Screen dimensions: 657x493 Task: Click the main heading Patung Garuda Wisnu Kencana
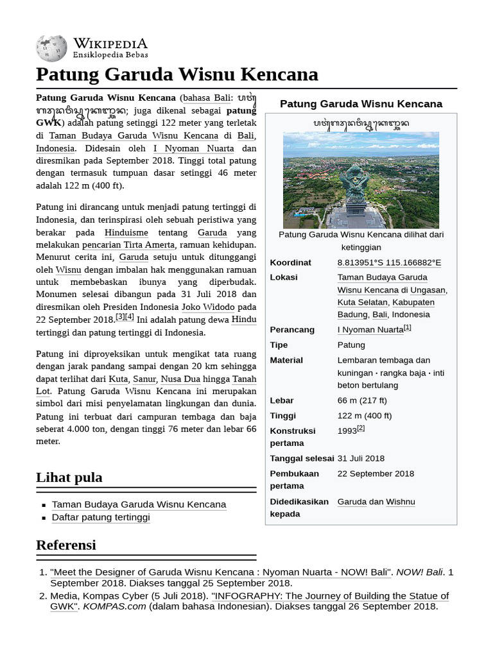pos(177,74)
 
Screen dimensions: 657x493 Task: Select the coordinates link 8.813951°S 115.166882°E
pos(389,262)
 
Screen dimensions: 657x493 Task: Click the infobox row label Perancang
pos(292,330)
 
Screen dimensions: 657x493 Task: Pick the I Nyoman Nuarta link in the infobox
pos(370,330)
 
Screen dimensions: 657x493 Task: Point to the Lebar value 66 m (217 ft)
pos(362,400)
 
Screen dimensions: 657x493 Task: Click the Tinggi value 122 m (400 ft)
pos(365,416)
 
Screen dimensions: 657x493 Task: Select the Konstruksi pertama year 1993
pos(347,431)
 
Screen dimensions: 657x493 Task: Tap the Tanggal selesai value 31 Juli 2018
pos(361,458)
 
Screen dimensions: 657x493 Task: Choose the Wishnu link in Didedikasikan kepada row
pos(401,502)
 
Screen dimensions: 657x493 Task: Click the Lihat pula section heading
pos(69,478)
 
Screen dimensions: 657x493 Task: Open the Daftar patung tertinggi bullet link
pos(101,517)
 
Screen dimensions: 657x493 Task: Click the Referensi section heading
pos(66,545)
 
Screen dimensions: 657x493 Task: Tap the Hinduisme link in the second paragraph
pos(126,232)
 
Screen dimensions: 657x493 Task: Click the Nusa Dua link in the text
pos(180,379)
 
